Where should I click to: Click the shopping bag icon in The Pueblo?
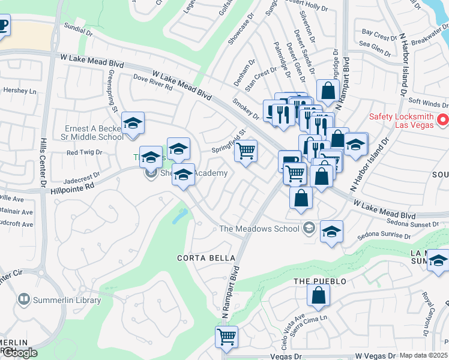318,295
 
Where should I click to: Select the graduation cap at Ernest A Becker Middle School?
133,124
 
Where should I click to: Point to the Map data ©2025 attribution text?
423,356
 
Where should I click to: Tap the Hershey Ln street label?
20,91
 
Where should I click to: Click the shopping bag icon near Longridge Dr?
328,91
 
